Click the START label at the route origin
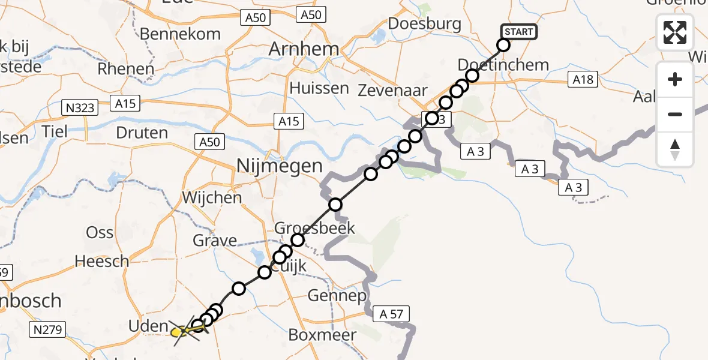(519, 32)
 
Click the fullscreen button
(675, 32)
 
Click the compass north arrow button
(675, 149)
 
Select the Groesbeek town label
(314, 228)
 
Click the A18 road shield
(583, 80)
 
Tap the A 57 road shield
(391, 313)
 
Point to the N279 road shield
(47, 329)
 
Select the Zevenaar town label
(392, 91)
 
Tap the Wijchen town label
(212, 197)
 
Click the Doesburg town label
(425, 24)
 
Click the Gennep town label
(337, 296)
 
